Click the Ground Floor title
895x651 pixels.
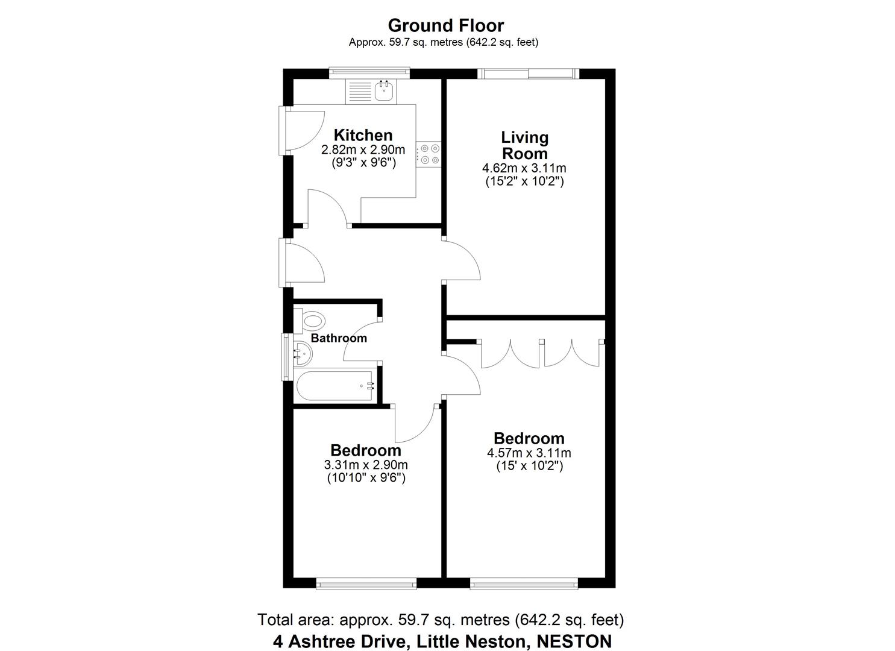coord(445,25)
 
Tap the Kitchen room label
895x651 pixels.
coord(363,135)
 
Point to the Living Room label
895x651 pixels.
coord(524,145)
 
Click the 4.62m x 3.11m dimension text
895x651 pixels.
coord(524,168)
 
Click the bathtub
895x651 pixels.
coord(334,386)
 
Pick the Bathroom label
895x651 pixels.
coord(339,338)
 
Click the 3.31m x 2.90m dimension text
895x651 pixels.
coord(365,465)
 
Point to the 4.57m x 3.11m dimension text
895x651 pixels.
coord(529,453)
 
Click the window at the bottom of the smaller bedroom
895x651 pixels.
coord(366,583)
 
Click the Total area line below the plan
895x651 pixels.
coord(440,620)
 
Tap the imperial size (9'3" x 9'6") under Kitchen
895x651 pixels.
coord(363,162)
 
